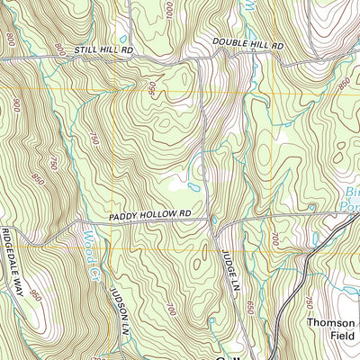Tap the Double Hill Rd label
click(x=248, y=43)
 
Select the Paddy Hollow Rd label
click(x=151, y=214)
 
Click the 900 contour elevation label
click(x=16, y=106)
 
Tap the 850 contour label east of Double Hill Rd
click(x=343, y=83)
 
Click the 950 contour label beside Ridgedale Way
click(x=34, y=295)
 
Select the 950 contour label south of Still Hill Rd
click(x=153, y=90)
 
